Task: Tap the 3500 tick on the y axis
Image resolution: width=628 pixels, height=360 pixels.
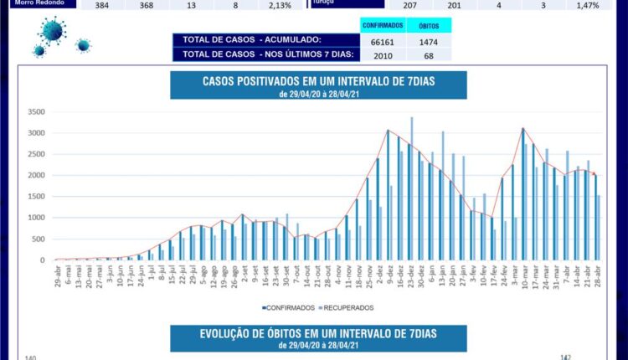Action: (x=35, y=111)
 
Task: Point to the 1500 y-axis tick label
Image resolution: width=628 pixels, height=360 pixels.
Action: (x=35, y=196)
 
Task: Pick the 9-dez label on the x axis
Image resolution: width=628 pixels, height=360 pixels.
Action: (x=389, y=274)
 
